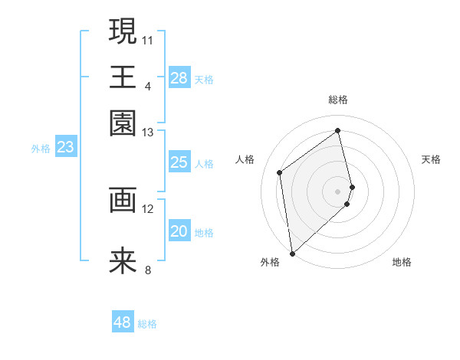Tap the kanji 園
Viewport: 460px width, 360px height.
[123, 123]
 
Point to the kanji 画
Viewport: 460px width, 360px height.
[123, 200]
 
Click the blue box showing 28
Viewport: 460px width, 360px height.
[179, 78]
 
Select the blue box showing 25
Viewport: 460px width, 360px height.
[179, 162]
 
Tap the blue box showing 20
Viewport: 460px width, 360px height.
[179, 232]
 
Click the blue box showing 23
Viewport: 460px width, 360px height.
[65, 148]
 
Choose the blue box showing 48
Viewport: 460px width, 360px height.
[123, 322]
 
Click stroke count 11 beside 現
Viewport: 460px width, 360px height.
[148, 39]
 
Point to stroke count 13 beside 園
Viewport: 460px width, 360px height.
[148, 133]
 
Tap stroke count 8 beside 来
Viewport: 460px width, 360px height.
[148, 270]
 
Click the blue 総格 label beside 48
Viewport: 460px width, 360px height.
[147, 324]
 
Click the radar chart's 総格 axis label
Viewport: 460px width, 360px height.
[337, 100]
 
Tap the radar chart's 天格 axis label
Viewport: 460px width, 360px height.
[431, 159]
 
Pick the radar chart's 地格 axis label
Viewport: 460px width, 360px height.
[402, 263]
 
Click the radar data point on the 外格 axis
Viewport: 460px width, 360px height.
[292, 253]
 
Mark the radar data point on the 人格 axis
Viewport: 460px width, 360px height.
[280, 172]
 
